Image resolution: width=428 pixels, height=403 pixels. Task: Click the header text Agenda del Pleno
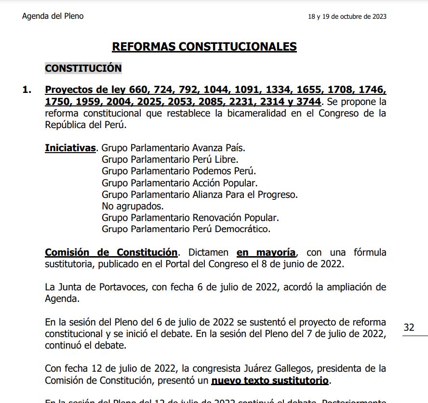point(53,16)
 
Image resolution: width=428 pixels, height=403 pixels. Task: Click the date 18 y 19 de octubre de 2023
point(347,17)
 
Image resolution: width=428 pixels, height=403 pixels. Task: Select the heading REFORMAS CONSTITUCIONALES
point(204,47)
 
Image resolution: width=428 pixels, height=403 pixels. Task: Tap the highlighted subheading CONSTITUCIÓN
point(83,68)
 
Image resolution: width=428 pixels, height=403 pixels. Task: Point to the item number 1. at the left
point(27,90)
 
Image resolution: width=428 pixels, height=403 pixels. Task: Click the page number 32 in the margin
point(409,328)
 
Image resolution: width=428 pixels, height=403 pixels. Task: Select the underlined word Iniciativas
point(70,148)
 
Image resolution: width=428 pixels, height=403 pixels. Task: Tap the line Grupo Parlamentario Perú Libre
point(170,159)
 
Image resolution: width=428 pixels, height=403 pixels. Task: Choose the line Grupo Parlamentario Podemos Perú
point(178,171)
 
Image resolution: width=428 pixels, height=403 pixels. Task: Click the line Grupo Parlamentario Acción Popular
point(179,183)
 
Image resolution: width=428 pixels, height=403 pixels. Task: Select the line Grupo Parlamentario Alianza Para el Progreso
point(200,195)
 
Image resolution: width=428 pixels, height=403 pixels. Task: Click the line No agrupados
point(133,206)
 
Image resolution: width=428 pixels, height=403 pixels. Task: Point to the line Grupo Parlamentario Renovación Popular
point(190,218)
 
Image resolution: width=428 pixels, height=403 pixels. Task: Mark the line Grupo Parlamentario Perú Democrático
point(186,229)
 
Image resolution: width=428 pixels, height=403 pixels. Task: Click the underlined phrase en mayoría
point(266,253)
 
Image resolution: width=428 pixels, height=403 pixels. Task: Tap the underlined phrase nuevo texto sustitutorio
point(270,381)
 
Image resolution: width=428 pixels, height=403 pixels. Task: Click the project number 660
point(140,90)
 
